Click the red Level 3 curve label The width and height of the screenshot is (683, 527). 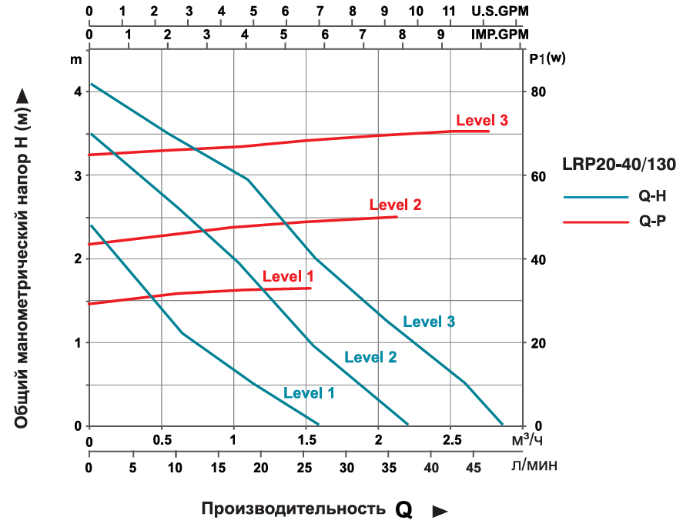482,121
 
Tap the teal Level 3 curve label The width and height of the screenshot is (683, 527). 429,322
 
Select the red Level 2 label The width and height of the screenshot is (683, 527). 395,205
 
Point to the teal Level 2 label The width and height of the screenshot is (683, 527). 370,356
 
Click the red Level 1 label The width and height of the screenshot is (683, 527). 288,276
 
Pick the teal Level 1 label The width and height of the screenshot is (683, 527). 309,392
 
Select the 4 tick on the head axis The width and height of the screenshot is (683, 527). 77,92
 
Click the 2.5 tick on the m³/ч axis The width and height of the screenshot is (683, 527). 452,439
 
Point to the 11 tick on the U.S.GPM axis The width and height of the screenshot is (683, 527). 450,11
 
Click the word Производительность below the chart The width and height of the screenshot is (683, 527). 293,509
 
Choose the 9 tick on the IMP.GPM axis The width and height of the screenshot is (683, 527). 440,35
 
